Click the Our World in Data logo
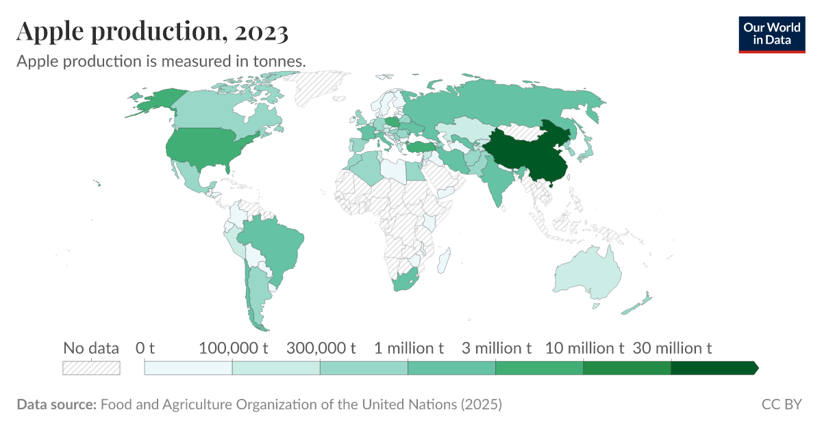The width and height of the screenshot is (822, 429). tap(772, 33)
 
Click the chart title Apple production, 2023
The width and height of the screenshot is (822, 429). tap(152, 31)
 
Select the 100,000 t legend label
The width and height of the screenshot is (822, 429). tap(233, 348)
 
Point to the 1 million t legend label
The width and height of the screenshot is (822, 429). tap(408, 348)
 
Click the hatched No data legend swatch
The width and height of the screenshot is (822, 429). tap(91, 368)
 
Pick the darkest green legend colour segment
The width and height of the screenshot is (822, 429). tap(712, 368)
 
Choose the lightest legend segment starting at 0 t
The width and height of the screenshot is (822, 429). tap(188, 368)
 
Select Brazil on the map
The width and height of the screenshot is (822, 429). tap(271, 243)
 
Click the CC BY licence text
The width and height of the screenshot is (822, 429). tap(781, 404)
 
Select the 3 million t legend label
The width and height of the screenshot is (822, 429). tap(497, 348)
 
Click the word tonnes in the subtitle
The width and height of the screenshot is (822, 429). tap(278, 61)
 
